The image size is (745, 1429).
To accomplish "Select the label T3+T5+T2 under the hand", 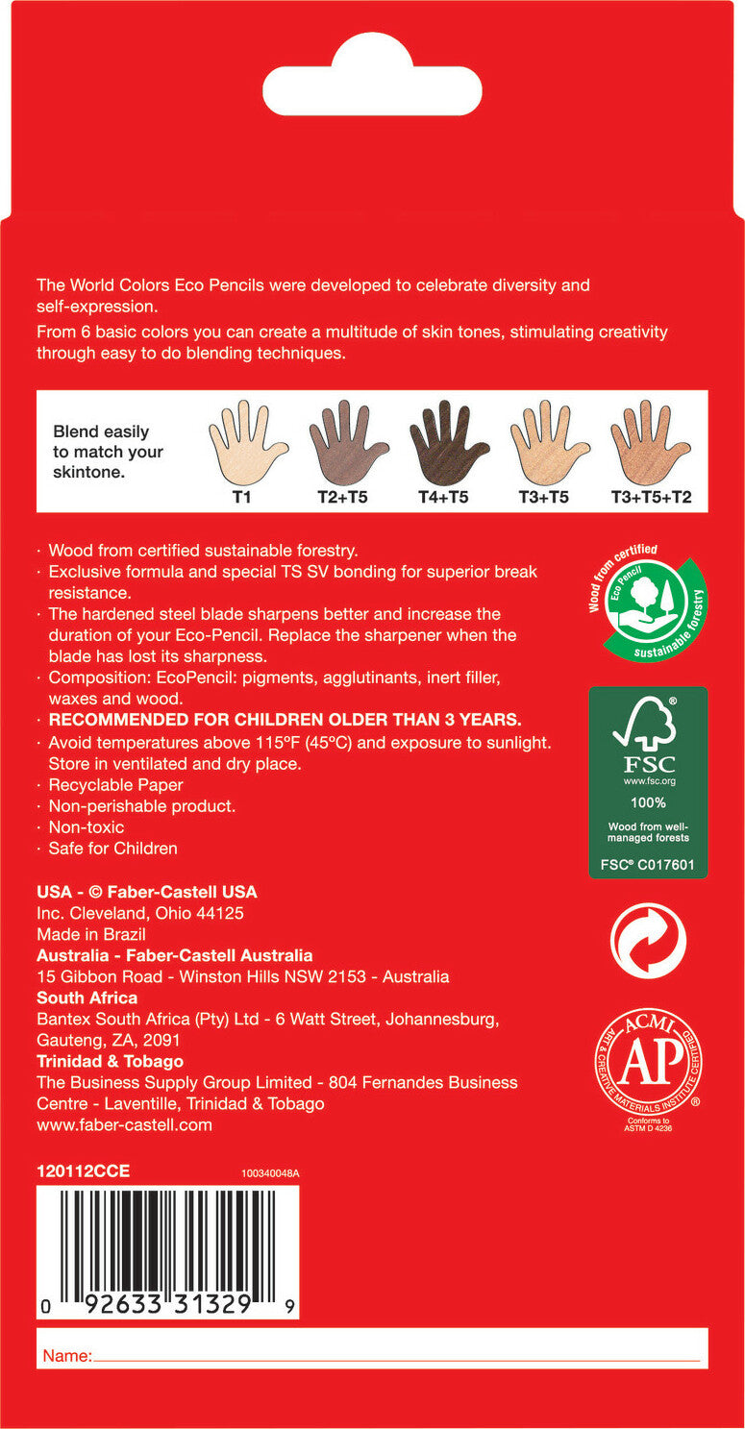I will (651, 498).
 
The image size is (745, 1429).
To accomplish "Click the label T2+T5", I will (343, 498).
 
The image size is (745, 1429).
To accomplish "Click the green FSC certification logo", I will (648, 782).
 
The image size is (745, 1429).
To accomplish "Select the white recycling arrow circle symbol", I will (648, 941).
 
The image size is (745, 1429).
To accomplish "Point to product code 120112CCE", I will (83, 1171).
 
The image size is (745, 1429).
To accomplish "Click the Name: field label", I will (67, 1356).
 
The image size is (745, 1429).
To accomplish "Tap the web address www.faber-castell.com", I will (124, 1124).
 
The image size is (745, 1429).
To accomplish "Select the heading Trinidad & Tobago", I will (110, 1061).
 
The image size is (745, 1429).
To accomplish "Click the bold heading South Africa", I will (87, 998).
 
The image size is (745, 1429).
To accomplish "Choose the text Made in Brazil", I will (91, 934).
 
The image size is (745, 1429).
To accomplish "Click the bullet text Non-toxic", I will (87, 827).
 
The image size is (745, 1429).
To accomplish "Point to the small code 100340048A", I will (270, 1173).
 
